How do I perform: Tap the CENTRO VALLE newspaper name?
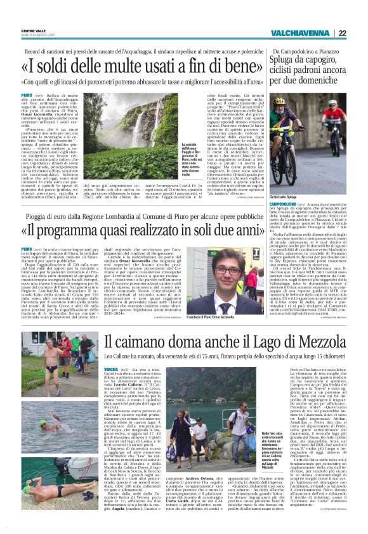click(x=32, y=29)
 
